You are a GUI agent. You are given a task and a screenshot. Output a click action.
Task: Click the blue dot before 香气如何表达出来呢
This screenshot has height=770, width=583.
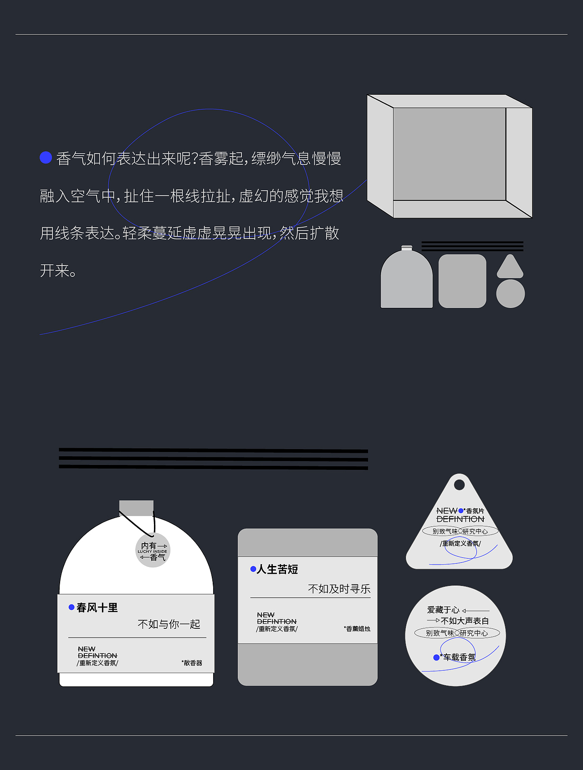[46, 158]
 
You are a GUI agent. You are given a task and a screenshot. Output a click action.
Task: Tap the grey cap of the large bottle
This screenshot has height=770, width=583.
[136, 507]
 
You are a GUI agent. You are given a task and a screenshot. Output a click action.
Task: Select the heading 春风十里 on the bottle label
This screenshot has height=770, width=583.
[97, 608]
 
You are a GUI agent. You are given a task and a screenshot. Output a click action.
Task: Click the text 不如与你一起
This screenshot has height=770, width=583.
[169, 624]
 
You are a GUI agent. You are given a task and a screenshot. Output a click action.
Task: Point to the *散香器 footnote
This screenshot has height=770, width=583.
[192, 663]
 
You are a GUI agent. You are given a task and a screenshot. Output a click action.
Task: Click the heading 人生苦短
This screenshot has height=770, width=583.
[277, 570]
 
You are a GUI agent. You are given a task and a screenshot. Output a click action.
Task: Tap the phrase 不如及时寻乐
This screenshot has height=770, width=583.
[339, 589]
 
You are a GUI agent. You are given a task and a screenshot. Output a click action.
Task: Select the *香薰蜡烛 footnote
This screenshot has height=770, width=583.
[357, 629]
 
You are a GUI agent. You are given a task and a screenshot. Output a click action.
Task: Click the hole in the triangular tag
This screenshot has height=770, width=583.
[460, 484]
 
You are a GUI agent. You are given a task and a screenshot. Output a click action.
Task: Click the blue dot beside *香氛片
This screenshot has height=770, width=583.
[461, 511]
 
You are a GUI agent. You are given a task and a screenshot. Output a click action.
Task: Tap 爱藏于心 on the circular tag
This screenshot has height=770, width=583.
[443, 610]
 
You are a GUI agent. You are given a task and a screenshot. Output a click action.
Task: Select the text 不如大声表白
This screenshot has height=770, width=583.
[465, 621]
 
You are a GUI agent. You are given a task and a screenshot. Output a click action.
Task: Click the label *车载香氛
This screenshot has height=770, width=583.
[459, 658]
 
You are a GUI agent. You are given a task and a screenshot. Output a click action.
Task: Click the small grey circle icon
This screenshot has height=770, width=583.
[510, 294]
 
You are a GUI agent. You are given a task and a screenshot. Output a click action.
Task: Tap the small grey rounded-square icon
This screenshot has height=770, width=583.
[462, 281]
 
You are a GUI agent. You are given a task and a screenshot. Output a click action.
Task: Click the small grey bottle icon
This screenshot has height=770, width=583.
[407, 280]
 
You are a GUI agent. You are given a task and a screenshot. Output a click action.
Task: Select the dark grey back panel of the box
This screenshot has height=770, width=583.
[450, 154]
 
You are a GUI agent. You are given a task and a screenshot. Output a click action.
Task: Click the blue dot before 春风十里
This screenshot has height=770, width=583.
[72, 607]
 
